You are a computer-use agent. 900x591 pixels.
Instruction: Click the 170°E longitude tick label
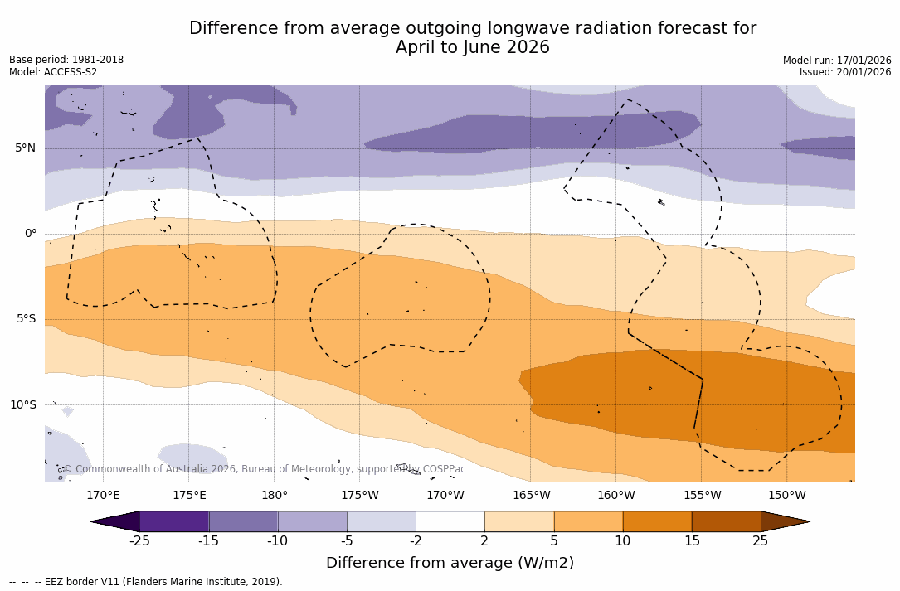(103, 496)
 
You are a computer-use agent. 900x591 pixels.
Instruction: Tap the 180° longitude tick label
(275, 496)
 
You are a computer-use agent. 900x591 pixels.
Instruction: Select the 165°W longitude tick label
(531, 496)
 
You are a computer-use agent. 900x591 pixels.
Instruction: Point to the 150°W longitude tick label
(786, 496)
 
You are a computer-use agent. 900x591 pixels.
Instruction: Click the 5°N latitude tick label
(26, 148)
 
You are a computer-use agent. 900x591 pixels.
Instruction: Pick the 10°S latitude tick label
(23, 405)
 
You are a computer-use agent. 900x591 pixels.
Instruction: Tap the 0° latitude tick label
(31, 234)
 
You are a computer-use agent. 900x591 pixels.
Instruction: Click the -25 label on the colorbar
(139, 541)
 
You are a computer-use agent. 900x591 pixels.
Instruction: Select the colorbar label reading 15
(691, 541)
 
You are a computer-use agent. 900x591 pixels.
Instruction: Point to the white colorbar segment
(450, 521)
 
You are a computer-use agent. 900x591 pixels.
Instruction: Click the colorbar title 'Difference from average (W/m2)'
(450, 563)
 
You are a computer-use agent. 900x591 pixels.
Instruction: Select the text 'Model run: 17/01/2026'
(837, 61)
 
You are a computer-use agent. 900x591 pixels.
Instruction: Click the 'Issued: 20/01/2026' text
(845, 72)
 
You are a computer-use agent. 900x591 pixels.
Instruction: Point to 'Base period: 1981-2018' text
(66, 60)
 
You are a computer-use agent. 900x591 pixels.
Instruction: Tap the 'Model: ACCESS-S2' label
(53, 72)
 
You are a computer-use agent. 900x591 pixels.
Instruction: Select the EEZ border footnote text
(146, 582)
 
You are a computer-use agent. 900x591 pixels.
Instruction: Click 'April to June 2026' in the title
(472, 47)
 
